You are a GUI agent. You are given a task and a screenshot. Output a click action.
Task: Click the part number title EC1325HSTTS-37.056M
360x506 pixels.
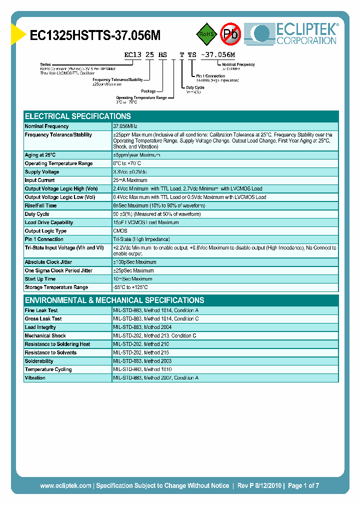pyautogui.click(x=95, y=35)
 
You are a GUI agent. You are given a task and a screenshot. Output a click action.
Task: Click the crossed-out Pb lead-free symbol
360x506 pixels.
pyautogui.click(x=230, y=34)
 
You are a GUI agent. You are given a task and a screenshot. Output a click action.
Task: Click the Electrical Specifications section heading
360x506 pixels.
pyautogui.click(x=77, y=116)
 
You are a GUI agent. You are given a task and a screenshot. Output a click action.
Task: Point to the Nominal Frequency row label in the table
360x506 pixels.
pyautogui.click(x=46, y=126)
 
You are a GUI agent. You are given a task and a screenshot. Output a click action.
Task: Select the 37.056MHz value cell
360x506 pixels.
pyautogui.click(x=125, y=126)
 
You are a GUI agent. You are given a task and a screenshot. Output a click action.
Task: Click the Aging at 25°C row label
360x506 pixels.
pyautogui.click(x=40, y=155)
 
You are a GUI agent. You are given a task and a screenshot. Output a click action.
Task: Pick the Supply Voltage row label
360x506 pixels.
pyautogui.click(x=42, y=172)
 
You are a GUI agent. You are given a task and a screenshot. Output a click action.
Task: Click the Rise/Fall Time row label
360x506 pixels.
pyautogui.click(x=40, y=205)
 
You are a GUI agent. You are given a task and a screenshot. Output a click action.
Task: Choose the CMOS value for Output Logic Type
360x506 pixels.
pyautogui.click(x=120, y=231)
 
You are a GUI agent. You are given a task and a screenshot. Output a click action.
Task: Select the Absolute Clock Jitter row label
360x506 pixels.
pyautogui.click(x=48, y=262)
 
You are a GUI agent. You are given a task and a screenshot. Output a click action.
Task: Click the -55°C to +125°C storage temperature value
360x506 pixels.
pyautogui.click(x=130, y=287)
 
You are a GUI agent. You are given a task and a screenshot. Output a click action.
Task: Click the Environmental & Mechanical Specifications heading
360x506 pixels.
pyautogui.click(x=114, y=300)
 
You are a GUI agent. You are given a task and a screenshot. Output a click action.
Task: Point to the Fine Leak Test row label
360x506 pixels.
pyautogui.click(x=41, y=310)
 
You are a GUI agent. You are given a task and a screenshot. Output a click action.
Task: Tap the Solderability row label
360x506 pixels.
pyautogui.click(x=39, y=361)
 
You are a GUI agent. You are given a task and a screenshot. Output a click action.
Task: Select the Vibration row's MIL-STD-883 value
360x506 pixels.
pyautogui.click(x=155, y=378)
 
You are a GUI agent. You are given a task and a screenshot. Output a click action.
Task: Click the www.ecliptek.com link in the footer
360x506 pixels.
pyautogui.click(x=65, y=485)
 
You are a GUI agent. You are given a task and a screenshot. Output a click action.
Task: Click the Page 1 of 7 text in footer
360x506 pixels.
pyautogui.click(x=303, y=485)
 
